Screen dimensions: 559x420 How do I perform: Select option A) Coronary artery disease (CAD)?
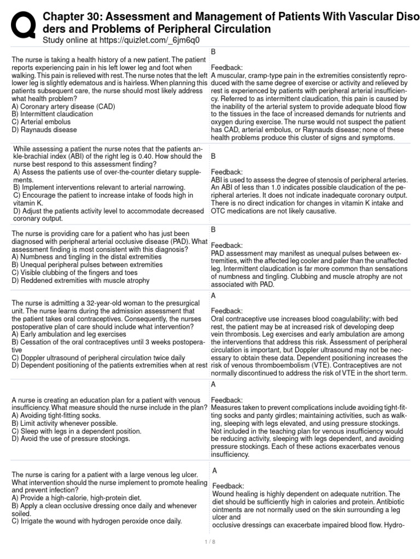click(63, 106)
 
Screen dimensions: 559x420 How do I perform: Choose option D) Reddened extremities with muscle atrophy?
click(80, 280)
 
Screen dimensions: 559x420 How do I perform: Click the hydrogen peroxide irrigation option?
click(96, 521)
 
